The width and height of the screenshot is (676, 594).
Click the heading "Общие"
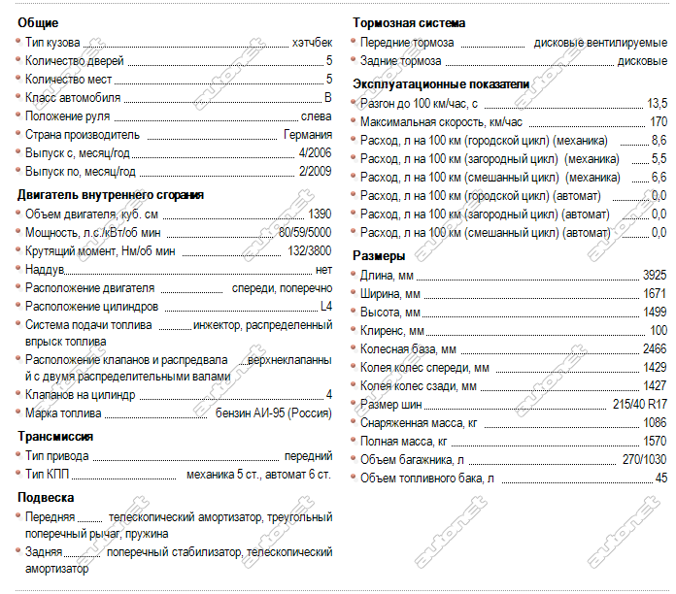pos(38,22)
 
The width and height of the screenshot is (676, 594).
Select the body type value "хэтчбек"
pos(312,43)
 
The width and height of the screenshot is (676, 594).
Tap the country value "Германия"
pos(308,135)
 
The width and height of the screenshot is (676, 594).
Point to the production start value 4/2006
pos(317,153)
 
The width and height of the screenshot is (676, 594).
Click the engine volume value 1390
pos(319,214)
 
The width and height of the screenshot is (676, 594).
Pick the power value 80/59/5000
pos(304,232)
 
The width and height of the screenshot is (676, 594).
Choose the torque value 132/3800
pos(309,250)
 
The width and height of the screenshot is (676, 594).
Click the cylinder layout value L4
pos(325,307)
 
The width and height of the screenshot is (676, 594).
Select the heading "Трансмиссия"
pos(54,437)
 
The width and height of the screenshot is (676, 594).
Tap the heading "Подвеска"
pos(46,497)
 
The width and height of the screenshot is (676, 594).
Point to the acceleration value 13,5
pos(657,103)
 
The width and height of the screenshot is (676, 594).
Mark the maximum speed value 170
pos(658,121)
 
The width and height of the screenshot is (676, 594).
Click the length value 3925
pos(654,276)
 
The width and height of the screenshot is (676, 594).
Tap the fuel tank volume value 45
pos(660,478)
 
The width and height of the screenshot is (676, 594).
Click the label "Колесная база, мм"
pos(408,348)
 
